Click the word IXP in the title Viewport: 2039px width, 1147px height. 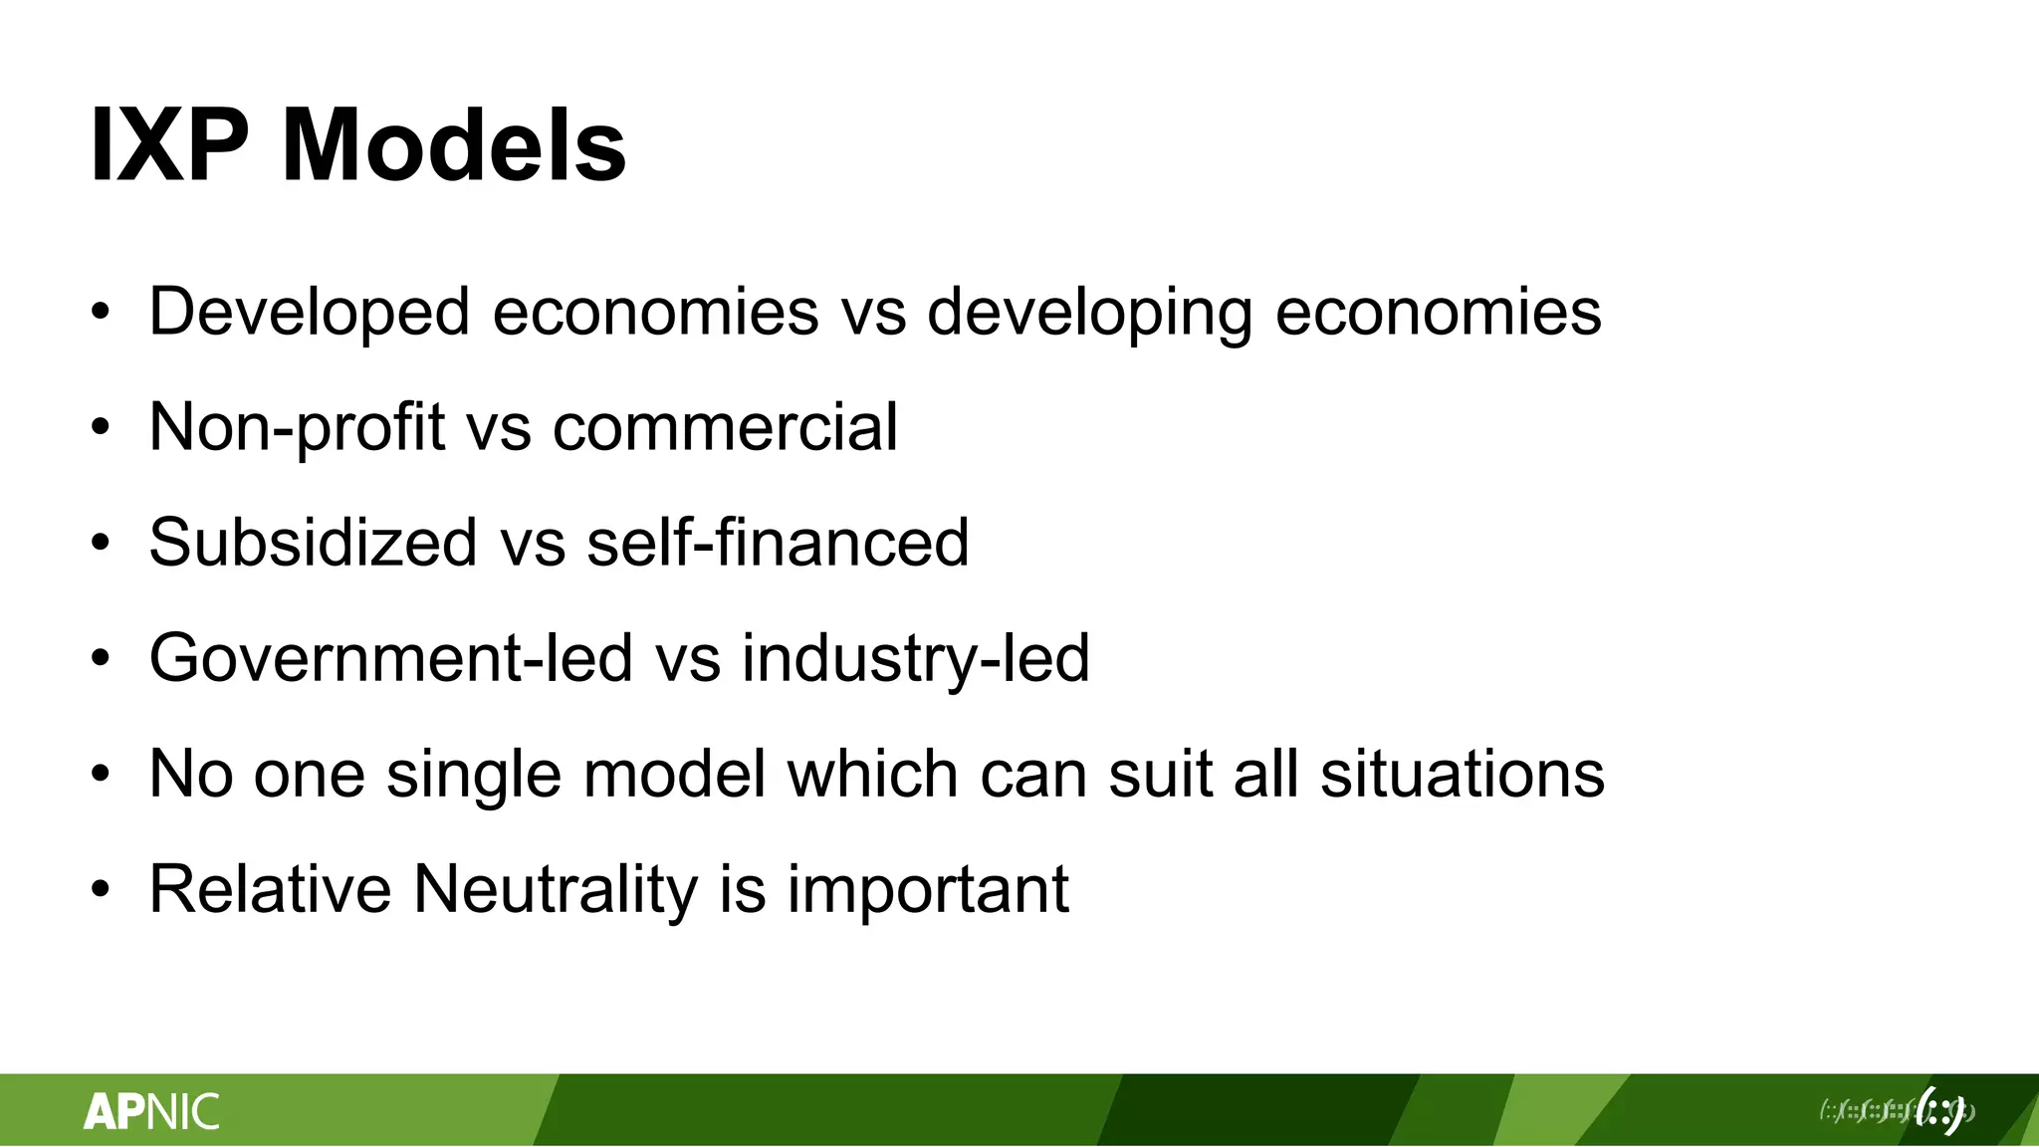tap(169, 146)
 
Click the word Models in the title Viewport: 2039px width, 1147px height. tap(453, 146)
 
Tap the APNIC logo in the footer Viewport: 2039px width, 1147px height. tap(151, 1111)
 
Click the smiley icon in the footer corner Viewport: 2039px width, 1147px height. tap(1939, 1109)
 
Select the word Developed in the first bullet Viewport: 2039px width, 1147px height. tap(309, 312)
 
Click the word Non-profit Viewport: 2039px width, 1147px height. tap(297, 428)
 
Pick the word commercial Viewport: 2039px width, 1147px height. tap(725, 428)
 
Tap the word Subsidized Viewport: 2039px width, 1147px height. tap(313, 544)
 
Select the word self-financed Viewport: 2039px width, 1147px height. tap(778, 544)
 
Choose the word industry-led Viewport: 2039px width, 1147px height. tap(916, 659)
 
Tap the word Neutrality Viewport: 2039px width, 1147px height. tap(555, 890)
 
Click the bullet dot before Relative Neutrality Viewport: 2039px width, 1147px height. tap(100, 889)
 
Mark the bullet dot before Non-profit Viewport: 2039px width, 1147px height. tap(100, 428)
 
